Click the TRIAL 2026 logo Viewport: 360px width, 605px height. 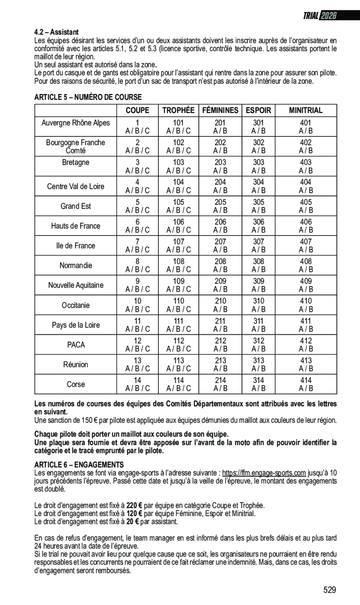[319, 16]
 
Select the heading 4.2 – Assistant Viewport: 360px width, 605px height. [56, 32]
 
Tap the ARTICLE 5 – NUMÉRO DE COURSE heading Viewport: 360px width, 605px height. [88, 97]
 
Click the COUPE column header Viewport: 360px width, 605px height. [137, 110]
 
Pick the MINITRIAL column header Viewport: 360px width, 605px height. [306, 110]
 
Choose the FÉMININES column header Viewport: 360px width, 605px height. [220, 110]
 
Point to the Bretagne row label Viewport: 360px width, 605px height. [75, 162]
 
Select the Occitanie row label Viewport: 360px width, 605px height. [75, 305]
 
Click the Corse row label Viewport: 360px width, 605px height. [75, 384]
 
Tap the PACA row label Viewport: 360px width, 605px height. [75, 345]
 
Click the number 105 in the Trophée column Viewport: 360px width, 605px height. [178, 202]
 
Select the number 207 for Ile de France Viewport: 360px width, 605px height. [220, 242]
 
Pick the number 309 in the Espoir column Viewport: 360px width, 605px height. [258, 281]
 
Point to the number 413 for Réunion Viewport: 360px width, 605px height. [306, 360]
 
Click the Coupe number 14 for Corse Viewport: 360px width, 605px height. [137, 380]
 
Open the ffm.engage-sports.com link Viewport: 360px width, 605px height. [264, 473]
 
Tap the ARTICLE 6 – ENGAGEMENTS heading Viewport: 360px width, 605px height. [79, 465]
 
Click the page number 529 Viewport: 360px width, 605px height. [329, 590]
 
